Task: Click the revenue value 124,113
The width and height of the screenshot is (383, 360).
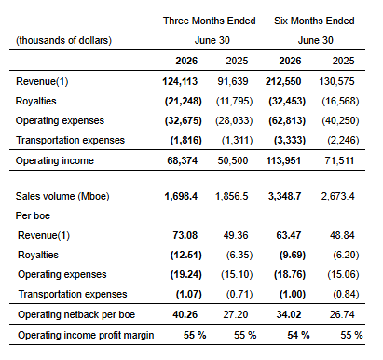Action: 180,81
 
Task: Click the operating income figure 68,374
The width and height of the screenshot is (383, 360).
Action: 182,160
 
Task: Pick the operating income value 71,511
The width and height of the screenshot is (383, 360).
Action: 339,160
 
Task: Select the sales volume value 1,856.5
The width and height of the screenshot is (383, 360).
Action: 232,196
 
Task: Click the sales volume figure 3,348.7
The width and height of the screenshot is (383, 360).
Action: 284,196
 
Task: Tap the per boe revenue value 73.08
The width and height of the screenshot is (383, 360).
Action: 185,235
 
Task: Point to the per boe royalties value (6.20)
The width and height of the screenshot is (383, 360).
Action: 346,255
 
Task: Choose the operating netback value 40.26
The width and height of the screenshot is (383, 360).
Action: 185,314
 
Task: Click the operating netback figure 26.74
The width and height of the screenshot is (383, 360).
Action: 342,314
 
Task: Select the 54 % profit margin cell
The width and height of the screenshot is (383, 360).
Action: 298,335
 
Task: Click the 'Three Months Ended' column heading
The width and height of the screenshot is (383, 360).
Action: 210,21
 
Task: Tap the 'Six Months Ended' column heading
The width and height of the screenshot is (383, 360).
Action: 314,21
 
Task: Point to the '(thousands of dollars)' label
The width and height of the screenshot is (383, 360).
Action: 63,40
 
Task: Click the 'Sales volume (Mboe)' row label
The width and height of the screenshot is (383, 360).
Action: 62,196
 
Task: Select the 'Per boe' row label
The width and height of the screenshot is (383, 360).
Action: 33,215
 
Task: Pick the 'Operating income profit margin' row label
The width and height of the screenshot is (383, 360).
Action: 86,335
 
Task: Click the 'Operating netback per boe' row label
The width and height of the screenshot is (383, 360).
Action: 76,314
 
